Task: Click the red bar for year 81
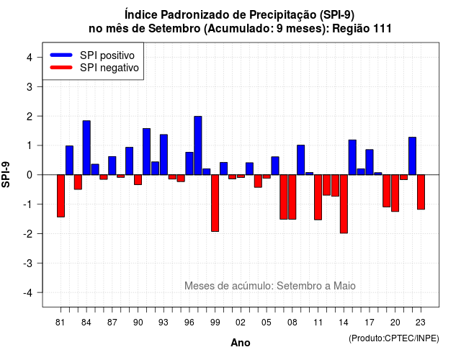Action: pos(61,196)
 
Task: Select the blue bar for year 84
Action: pos(86,148)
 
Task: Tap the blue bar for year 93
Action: pos(164,155)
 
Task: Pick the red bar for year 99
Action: pos(215,203)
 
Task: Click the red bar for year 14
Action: pos(344,204)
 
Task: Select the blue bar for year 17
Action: pos(370,162)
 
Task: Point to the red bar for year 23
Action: pos(421,192)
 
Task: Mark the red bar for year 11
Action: pos(318,197)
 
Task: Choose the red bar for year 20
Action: pos(395,193)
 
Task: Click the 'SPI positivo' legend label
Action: pos(107,55)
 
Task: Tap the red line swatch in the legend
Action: pos(61,67)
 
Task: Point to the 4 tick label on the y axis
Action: pos(30,58)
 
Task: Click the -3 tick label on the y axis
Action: pos(28,263)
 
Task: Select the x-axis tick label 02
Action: pos(241,323)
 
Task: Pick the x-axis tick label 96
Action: pos(189,323)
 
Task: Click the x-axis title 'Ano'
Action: pos(241,343)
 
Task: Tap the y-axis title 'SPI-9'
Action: pos(6,174)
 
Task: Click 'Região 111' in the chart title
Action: pos(362,29)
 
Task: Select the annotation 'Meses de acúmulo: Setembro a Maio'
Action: pos(270,286)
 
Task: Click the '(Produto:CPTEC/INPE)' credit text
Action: pos(394,338)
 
